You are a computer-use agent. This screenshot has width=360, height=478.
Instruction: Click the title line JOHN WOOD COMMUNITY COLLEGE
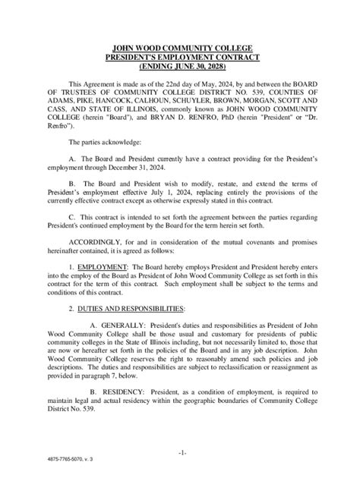pyautogui.click(x=180, y=48)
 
